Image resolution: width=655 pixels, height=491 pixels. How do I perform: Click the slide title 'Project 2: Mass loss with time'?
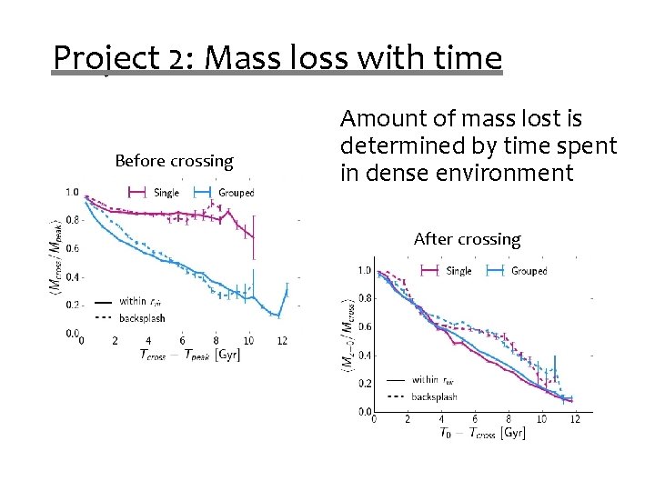[x=277, y=58]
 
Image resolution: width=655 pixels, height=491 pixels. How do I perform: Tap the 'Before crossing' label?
[x=174, y=161]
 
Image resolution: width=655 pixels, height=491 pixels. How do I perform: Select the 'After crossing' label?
[x=467, y=239]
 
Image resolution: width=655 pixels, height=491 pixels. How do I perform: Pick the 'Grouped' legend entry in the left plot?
[x=235, y=193]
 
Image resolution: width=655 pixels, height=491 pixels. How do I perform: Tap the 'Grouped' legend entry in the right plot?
[x=528, y=271]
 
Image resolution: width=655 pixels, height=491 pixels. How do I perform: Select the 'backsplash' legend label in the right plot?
[x=434, y=396]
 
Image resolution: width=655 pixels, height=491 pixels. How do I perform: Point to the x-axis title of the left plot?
[x=189, y=355]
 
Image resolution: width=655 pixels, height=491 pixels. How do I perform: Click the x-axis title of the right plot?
[x=482, y=434]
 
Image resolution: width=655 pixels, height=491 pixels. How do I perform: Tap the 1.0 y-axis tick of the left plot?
[x=71, y=192]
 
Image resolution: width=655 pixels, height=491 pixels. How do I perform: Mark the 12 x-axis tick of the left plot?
[x=282, y=341]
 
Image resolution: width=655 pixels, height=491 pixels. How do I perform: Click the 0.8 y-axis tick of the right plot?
[x=364, y=298]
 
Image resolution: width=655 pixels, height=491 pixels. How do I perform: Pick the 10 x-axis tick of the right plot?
[x=541, y=419]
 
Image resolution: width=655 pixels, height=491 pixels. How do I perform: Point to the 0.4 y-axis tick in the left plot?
[x=71, y=277]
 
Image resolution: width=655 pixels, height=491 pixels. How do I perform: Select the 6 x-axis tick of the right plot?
[x=475, y=419]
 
